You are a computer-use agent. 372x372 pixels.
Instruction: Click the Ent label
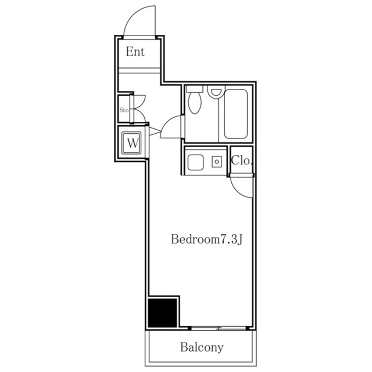[x=135, y=52]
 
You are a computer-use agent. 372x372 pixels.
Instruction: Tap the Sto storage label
[x=124, y=110]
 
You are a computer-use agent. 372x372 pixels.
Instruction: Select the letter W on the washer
[x=132, y=143]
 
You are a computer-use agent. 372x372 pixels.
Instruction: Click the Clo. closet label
[x=241, y=160]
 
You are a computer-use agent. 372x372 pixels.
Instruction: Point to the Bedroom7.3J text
[x=207, y=239]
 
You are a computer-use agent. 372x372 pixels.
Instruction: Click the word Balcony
[x=202, y=347]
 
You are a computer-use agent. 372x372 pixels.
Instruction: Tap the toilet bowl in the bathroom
[x=194, y=103]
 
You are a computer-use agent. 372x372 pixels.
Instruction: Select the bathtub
[x=236, y=114]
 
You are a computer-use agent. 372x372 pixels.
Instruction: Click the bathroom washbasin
[x=215, y=91]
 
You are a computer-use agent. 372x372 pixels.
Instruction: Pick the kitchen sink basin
[x=196, y=162]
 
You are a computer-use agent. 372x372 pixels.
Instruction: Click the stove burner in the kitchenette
[x=217, y=161]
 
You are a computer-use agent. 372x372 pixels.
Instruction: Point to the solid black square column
[x=163, y=313]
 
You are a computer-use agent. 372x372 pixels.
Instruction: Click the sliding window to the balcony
[x=219, y=328]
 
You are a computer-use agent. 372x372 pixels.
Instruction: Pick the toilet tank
[x=195, y=89]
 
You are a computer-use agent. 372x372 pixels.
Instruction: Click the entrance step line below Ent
[x=139, y=70]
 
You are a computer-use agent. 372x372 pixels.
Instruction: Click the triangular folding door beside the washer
[x=155, y=131]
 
